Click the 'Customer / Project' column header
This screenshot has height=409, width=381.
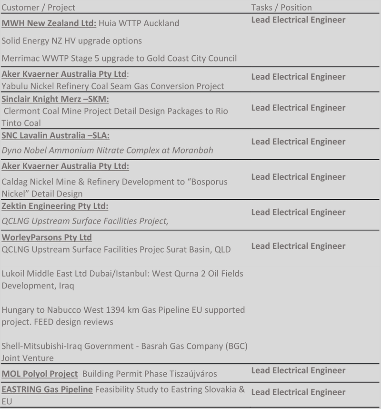pos(39,8)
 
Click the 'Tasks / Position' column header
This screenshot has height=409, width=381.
pos(281,8)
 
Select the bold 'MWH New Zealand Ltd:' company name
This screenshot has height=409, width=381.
pos(49,23)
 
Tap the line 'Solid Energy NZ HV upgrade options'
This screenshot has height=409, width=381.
pos(72,41)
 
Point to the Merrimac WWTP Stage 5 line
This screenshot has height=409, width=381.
pos(119,59)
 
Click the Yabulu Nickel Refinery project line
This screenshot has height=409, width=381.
pos(113,86)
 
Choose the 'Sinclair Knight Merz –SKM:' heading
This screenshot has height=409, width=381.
pos(55,99)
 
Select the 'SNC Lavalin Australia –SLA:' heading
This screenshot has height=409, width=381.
pos(55,135)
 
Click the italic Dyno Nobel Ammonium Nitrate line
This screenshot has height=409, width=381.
pos(107,150)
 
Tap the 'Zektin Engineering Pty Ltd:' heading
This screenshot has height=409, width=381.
pos(55,206)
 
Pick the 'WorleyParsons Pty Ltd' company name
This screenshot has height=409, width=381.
pos(47,237)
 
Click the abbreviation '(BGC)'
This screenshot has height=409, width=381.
pos(236,346)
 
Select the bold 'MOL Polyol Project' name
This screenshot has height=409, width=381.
pos(40,374)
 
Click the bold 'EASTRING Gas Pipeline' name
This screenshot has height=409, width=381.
pos(47,389)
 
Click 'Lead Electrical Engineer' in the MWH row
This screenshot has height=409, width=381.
pos(298,20)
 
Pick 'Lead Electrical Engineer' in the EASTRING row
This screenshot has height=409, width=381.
pos(298,392)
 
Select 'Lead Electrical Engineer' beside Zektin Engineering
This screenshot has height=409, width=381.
pos(298,212)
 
